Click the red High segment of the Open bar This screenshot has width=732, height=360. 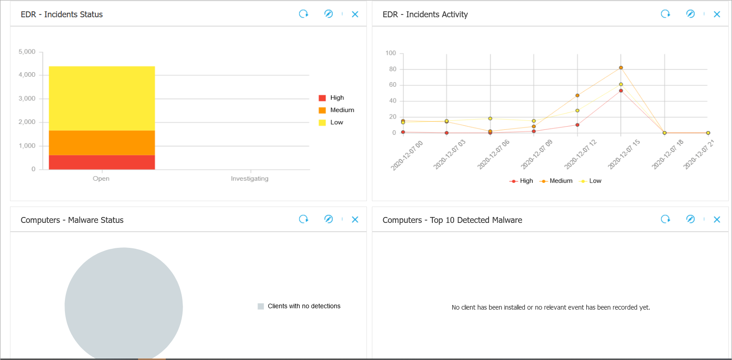click(x=102, y=162)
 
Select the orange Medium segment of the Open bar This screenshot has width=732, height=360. click(x=102, y=143)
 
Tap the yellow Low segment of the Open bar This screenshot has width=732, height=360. click(x=102, y=98)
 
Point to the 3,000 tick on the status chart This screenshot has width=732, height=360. click(x=27, y=99)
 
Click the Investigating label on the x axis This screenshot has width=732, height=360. click(x=249, y=178)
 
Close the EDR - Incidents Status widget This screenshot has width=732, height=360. click(x=355, y=14)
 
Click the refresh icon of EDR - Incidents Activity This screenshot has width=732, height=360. click(x=665, y=14)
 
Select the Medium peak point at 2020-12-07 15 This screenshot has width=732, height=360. click(x=621, y=68)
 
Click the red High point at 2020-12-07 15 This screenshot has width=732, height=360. click(x=621, y=91)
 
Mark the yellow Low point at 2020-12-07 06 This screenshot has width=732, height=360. click(x=490, y=118)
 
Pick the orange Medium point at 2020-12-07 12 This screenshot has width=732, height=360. click(x=577, y=95)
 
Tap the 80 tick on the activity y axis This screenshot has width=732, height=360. click(x=392, y=69)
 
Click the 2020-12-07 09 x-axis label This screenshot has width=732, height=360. click(x=537, y=154)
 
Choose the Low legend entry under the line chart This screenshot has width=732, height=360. click(x=591, y=181)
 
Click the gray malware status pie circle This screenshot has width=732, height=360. click(x=124, y=304)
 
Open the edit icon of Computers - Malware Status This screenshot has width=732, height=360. click(x=328, y=219)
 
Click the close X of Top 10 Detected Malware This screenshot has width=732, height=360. click(x=717, y=219)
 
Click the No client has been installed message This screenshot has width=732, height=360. click(x=550, y=307)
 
